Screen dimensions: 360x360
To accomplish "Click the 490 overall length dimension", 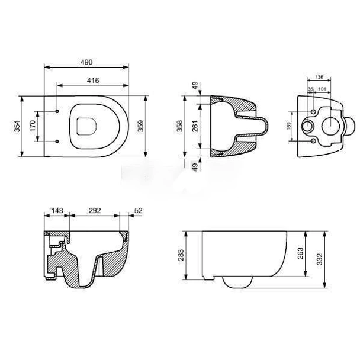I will pos(88,62).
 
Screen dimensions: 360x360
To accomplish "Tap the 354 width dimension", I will pos(17,127).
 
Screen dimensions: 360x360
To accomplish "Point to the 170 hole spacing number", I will pos(35,126).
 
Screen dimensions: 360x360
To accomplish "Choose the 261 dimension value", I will pos(195,126).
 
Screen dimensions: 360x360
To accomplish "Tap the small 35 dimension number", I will pos(311,89).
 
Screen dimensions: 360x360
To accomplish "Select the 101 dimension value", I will pos(322,89).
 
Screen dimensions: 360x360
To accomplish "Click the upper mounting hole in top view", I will pos(56,111).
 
